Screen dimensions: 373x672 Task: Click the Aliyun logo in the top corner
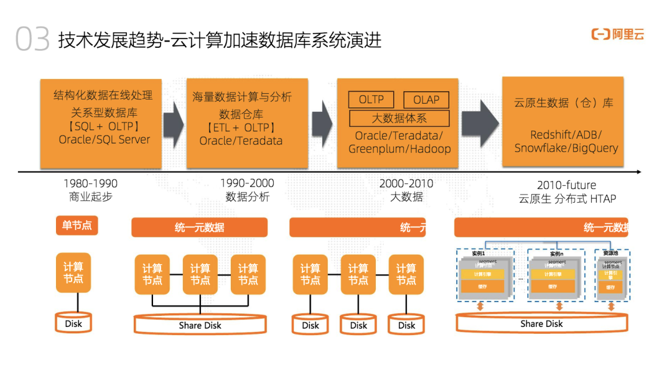coord(617,35)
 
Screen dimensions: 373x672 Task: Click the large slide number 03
coord(32,40)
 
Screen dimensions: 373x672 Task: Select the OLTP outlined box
coord(371,99)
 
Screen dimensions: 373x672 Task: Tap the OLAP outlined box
coord(426,99)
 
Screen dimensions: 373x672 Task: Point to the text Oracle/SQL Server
coord(105,140)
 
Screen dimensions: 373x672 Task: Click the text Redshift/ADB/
coord(566,135)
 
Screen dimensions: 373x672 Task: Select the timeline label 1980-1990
coord(90,184)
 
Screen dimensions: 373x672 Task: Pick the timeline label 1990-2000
coord(247,184)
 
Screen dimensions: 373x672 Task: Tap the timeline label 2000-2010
coord(406,184)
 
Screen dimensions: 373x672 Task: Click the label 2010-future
coord(566,185)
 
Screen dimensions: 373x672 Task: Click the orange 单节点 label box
coord(77,225)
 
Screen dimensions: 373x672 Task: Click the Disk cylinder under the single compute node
coord(73,323)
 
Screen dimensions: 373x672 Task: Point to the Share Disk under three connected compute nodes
coord(200,325)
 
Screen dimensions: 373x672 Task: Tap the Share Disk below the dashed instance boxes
coord(541,324)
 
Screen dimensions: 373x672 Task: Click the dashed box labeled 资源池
coord(612,275)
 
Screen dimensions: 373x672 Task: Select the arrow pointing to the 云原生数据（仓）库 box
coord(480,116)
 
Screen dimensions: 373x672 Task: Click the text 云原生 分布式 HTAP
coord(567,199)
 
